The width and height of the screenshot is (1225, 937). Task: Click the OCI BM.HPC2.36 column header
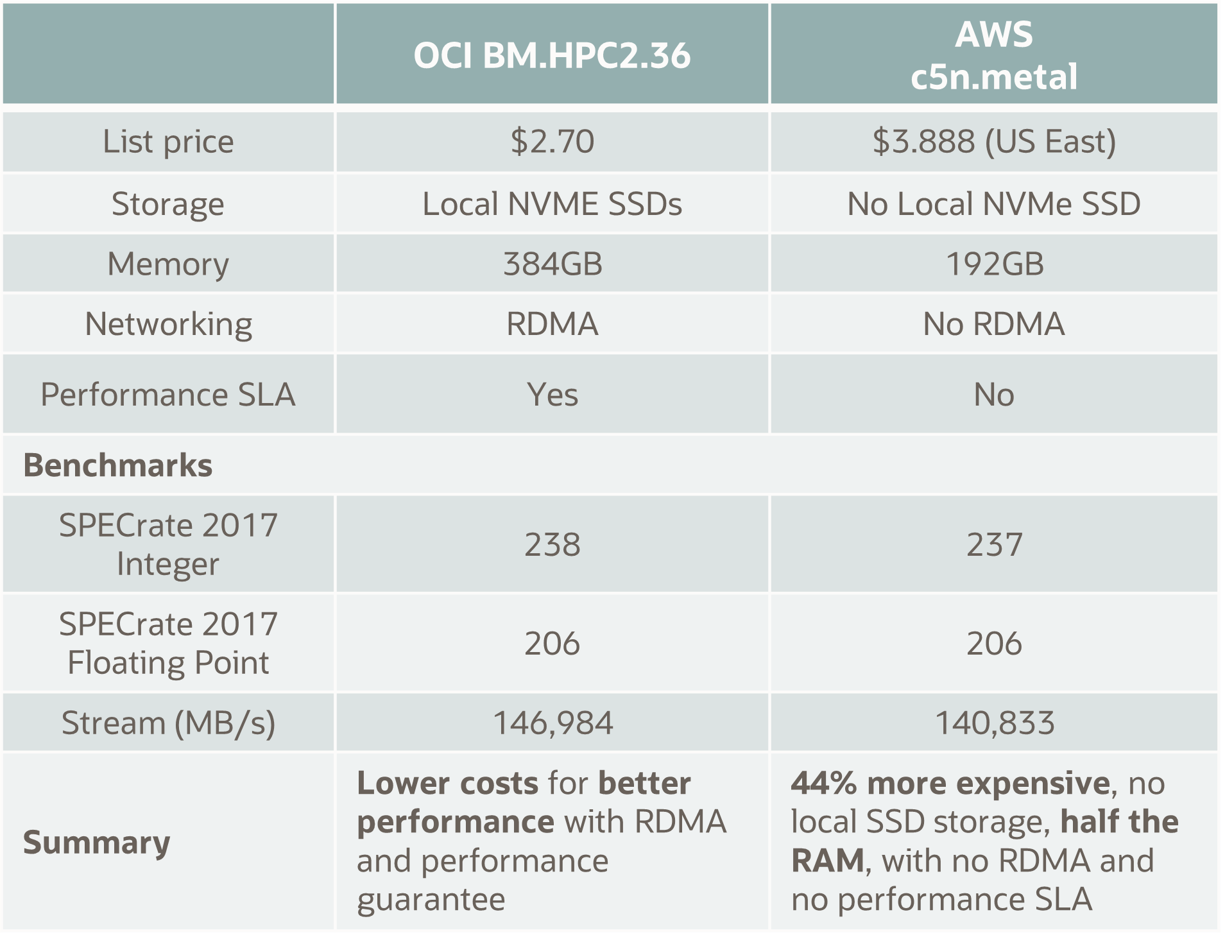(x=552, y=56)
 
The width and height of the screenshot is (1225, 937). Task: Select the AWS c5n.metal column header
(x=993, y=56)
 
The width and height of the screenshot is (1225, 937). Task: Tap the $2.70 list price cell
(x=552, y=141)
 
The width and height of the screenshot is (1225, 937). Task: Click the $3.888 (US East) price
(x=993, y=141)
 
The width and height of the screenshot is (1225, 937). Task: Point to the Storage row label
(x=168, y=204)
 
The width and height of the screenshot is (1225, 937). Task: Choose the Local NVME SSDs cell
(x=552, y=204)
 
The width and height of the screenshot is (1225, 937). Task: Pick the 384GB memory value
(x=552, y=264)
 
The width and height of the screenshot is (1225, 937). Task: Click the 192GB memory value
(x=993, y=264)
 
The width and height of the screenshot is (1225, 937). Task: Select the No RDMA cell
(x=993, y=323)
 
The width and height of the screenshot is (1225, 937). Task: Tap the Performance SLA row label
(x=168, y=394)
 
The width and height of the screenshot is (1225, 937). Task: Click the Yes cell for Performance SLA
(x=552, y=394)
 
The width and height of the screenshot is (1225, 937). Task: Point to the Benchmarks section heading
(x=118, y=465)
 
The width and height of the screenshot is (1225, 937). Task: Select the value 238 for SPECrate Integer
(x=552, y=545)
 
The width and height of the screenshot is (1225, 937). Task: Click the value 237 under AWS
(x=993, y=545)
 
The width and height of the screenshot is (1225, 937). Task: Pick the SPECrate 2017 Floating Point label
(x=168, y=643)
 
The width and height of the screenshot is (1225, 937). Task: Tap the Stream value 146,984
(x=552, y=723)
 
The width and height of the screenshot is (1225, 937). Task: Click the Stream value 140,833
(x=993, y=723)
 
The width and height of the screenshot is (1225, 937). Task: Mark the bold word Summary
(x=97, y=842)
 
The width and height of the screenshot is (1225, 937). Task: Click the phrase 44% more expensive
(x=950, y=783)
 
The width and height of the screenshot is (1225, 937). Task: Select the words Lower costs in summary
(x=447, y=783)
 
